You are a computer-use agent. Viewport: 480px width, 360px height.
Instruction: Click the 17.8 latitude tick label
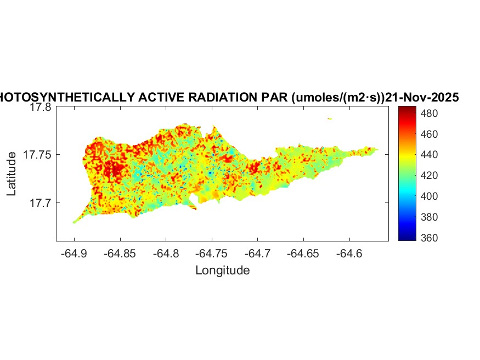41,108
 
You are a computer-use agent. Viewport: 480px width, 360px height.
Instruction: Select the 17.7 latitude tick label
41,203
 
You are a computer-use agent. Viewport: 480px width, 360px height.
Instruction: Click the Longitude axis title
222,270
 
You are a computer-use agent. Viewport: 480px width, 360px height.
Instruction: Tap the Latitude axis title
12,175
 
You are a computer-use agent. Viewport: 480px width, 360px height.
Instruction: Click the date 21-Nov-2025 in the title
422,98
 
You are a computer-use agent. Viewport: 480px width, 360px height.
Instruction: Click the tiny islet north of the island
330,118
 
